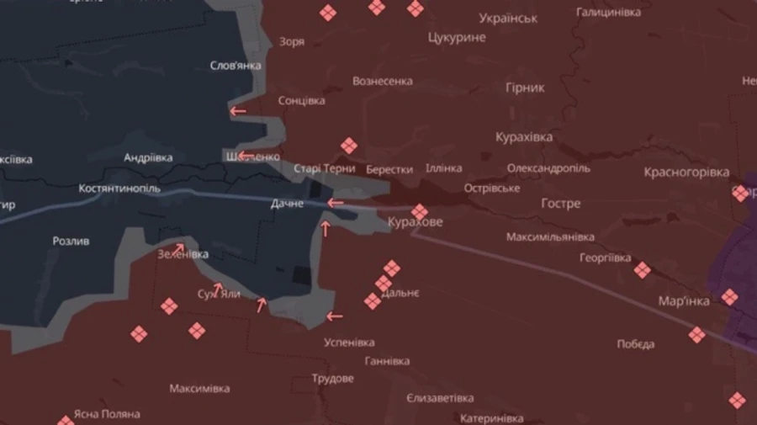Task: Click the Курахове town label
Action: click(x=415, y=223)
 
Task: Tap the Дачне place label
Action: click(x=287, y=205)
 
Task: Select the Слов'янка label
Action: click(x=235, y=66)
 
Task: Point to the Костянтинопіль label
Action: click(x=119, y=189)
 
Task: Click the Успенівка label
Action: click(x=349, y=343)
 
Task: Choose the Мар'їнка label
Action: click(x=683, y=300)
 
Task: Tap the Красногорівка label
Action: click(x=686, y=173)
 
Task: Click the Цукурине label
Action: click(x=457, y=38)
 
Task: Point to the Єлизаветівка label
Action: click(x=439, y=398)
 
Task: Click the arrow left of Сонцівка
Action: click(x=238, y=111)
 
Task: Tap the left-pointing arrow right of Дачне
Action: click(x=336, y=203)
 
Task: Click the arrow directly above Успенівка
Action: click(x=335, y=317)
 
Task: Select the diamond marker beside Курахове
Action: click(x=419, y=210)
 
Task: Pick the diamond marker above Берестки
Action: click(x=349, y=146)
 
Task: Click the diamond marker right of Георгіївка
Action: click(x=642, y=270)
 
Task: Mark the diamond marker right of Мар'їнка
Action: click(x=729, y=297)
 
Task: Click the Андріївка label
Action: click(x=148, y=157)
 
